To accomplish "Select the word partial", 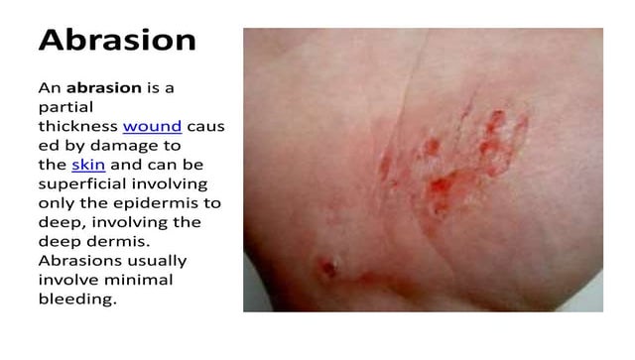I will (63, 107).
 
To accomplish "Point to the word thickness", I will (77, 127).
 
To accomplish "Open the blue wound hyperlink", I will (152, 127).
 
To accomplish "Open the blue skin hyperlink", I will (87, 165).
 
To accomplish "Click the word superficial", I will (81, 183).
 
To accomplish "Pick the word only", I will (57, 202).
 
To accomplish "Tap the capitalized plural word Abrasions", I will (79, 260).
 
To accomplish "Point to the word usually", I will (156, 260).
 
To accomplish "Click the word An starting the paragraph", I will (51, 88).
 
